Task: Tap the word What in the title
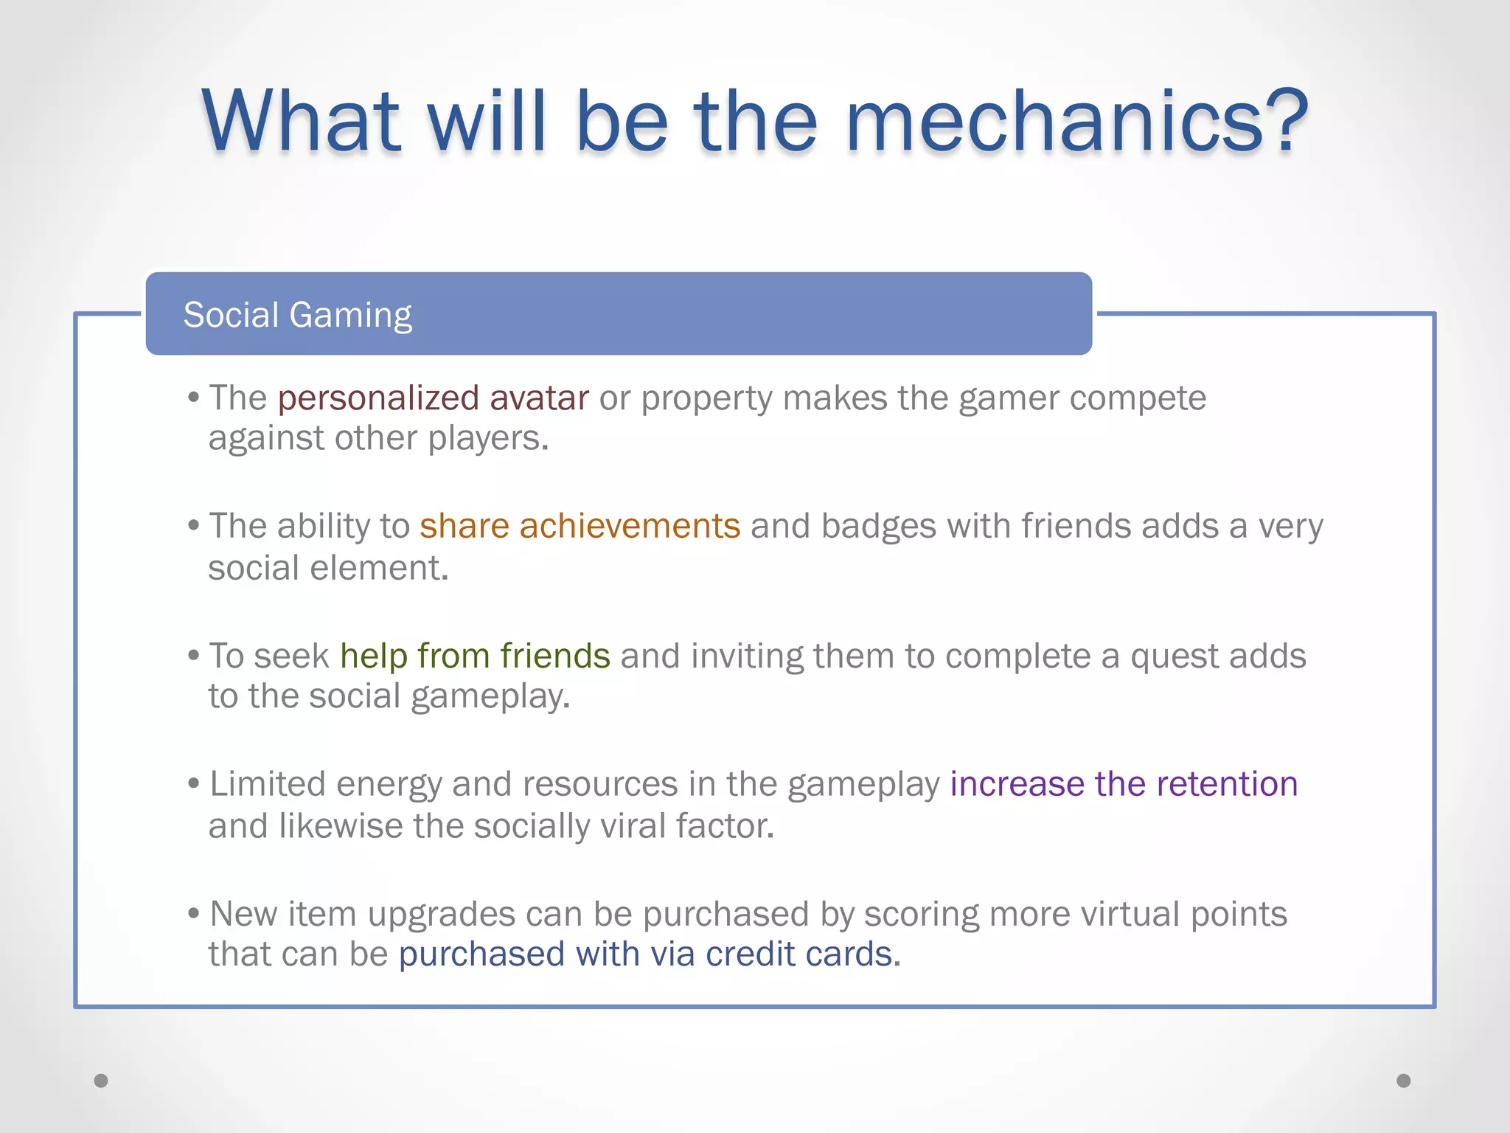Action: click(302, 121)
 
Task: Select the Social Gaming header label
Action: click(297, 315)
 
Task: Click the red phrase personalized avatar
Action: click(433, 398)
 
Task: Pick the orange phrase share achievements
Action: click(580, 527)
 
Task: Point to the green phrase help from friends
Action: click(475, 656)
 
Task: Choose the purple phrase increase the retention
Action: click(1123, 784)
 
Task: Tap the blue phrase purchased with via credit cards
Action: click(645, 954)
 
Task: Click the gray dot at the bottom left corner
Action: click(101, 1081)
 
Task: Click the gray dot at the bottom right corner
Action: click(1403, 1081)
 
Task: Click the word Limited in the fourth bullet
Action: click(267, 784)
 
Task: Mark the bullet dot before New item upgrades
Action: click(194, 914)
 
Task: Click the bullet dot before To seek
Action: click(194, 655)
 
